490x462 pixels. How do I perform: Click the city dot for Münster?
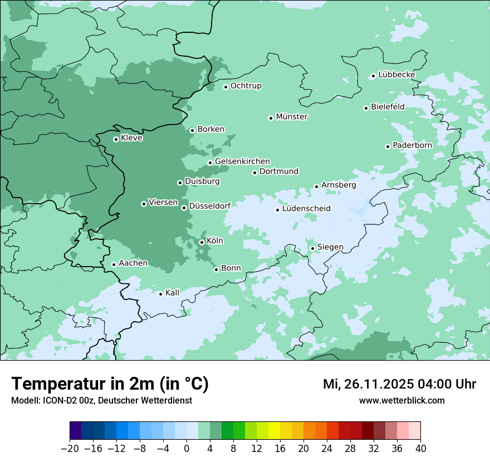[271, 118]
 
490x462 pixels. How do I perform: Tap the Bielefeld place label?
[388, 106]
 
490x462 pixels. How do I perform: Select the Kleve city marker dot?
[116, 139]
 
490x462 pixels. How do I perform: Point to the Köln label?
[214, 241]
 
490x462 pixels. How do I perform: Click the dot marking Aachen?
[114, 264]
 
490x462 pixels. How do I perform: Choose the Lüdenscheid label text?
[306, 209]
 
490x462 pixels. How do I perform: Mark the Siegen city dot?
[312, 248]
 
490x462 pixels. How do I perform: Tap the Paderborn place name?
[412, 145]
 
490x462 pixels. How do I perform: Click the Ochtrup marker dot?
[226, 87]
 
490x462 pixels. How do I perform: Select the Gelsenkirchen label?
[242, 161]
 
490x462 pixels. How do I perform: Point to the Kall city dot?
[160, 294]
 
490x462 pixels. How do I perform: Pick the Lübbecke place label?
[396, 75]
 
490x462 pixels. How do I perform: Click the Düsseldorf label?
[209, 206]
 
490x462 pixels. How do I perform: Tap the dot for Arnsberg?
[316, 186]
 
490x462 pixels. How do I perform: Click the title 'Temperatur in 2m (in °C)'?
[110, 384]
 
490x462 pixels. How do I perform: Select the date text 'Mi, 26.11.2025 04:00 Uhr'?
[399, 384]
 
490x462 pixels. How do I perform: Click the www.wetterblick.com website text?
[401, 400]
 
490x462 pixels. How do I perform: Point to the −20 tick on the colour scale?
[70, 449]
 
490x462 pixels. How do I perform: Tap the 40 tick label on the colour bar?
[420, 449]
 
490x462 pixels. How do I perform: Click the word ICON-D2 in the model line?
[53, 400]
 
